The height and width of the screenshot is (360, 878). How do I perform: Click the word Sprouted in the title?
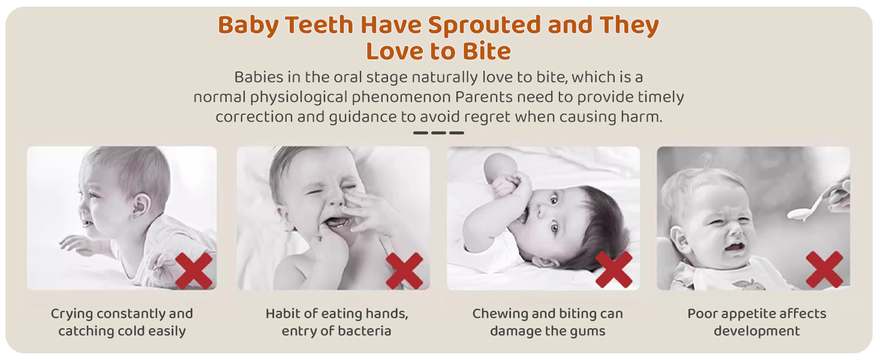click(485, 26)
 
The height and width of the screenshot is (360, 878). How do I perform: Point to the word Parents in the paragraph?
click(484, 97)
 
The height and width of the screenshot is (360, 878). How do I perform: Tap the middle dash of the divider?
click(438, 133)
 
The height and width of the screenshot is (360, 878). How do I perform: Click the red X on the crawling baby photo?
click(194, 271)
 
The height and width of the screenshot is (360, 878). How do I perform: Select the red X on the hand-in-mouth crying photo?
click(404, 271)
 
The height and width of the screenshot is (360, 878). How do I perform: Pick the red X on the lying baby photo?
click(614, 269)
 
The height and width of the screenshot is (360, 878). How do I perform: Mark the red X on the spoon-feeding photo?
click(824, 269)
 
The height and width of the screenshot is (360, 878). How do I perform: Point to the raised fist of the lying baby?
click(510, 184)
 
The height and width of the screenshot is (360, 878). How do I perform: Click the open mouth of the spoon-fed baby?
click(735, 247)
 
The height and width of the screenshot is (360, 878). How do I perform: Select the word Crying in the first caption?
click(72, 314)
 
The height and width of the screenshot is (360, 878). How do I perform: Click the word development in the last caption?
click(756, 331)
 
